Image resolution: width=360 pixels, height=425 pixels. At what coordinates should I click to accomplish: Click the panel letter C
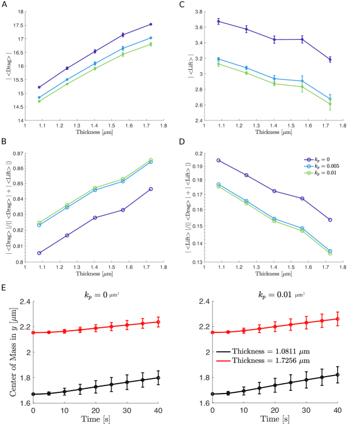182,3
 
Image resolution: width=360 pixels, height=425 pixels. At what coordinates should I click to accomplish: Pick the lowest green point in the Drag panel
39,101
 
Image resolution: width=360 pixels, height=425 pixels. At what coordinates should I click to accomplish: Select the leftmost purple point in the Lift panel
218,22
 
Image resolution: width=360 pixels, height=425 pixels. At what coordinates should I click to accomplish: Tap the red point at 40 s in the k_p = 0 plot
158,322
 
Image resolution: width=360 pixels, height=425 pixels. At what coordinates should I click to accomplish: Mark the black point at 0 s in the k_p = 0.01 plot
213,394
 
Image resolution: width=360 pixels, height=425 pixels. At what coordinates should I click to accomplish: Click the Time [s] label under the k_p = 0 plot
96,418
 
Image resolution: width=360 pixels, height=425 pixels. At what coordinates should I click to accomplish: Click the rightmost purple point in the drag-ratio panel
150,189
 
